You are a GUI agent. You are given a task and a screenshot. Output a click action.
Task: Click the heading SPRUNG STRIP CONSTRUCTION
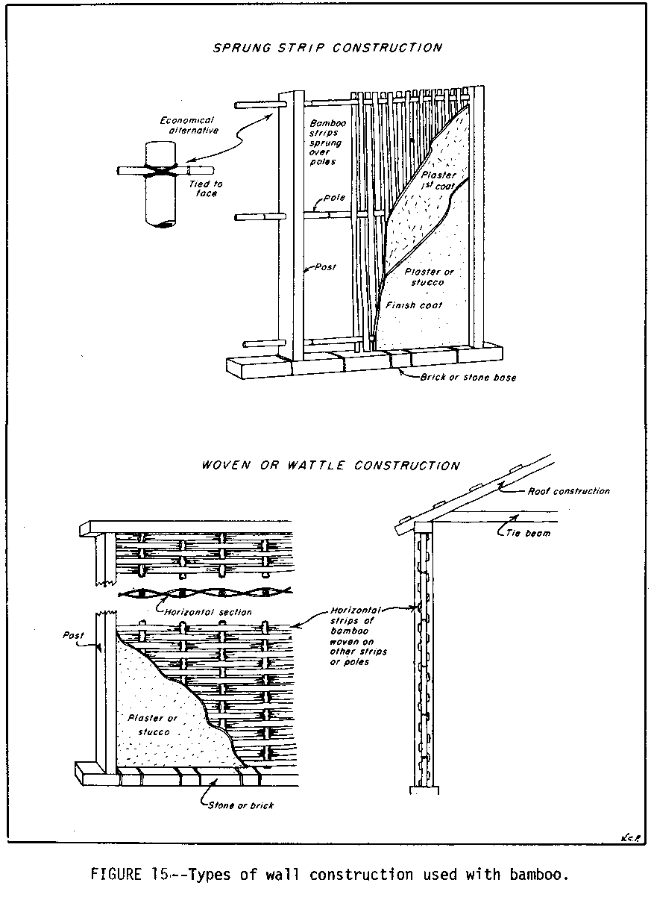coord(327,48)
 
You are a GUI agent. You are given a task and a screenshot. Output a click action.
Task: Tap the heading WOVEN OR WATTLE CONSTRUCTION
coord(330,466)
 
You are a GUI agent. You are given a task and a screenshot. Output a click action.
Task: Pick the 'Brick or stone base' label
coord(468,378)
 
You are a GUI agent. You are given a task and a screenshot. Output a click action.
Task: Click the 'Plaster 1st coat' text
coord(444,180)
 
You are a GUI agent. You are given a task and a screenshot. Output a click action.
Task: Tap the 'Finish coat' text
coord(414,305)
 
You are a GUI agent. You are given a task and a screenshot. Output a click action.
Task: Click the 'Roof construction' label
coord(568,491)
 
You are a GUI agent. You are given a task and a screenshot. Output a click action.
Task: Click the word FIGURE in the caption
coord(116,875)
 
